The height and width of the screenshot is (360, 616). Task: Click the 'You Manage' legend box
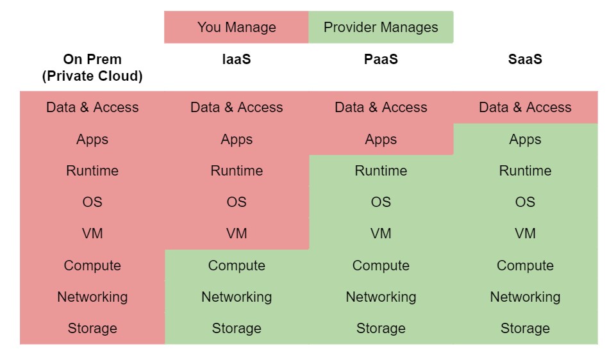tap(237, 27)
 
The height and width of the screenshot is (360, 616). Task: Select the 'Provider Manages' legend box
tap(381, 27)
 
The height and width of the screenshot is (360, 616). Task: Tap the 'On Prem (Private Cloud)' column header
tap(92, 68)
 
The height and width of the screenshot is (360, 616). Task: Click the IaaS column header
tap(237, 60)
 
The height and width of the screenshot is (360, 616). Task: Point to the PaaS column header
tap(381, 60)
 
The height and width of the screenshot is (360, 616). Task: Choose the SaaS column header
tap(525, 60)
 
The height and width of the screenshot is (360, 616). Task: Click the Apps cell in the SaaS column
tap(525, 140)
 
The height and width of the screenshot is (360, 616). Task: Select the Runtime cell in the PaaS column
tap(381, 171)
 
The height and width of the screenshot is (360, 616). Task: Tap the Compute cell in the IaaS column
tap(237, 266)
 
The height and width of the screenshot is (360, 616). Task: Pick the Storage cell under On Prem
tap(92, 329)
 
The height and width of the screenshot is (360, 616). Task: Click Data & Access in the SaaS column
tap(525, 108)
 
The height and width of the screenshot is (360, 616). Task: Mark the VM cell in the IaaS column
tap(237, 234)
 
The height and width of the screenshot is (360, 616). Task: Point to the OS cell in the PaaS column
tap(381, 202)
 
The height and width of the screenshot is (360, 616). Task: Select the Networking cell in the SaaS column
tap(525, 297)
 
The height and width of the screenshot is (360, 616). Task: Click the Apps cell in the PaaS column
tap(381, 140)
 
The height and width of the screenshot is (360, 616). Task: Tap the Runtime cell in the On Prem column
tap(92, 171)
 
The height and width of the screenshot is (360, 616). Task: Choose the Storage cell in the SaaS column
tap(525, 329)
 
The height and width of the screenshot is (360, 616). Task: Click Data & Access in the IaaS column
tap(237, 108)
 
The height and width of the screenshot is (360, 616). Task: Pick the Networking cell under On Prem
tap(92, 297)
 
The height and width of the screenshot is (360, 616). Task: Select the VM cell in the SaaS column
tap(525, 234)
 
